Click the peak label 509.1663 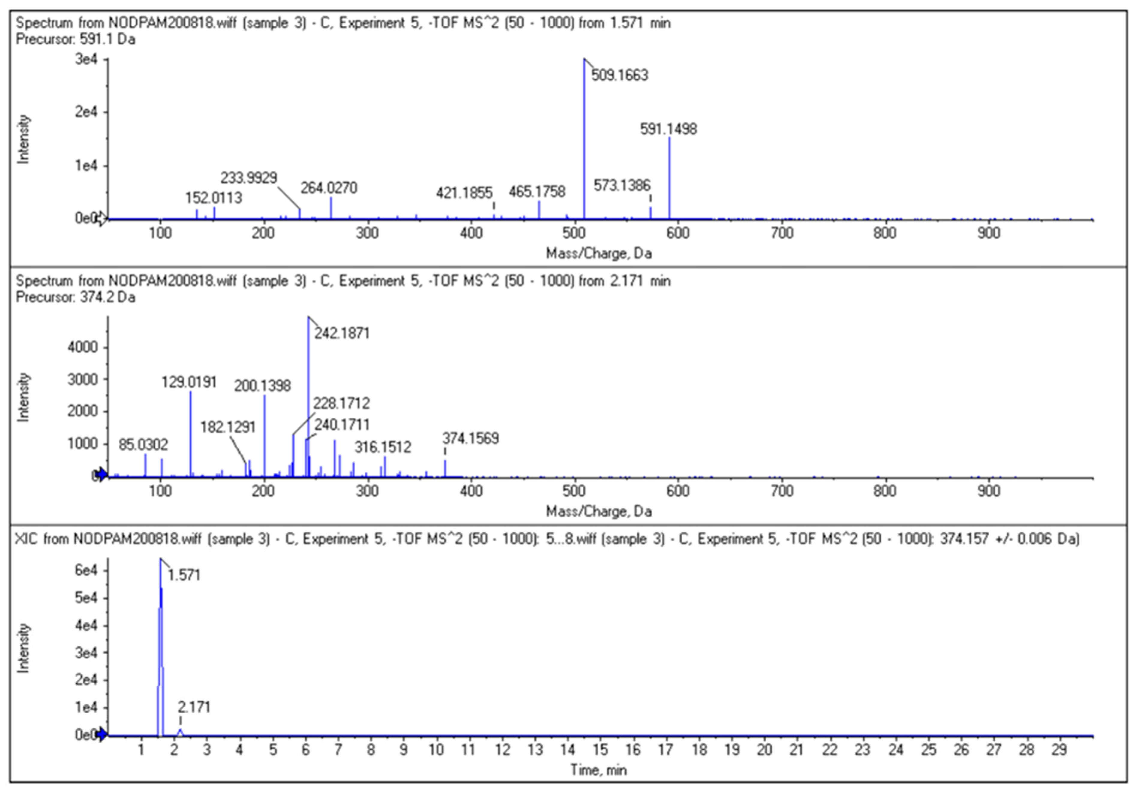click(x=620, y=75)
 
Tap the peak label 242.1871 click(x=342, y=333)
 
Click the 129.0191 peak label click(x=189, y=382)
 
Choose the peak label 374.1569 click(x=471, y=438)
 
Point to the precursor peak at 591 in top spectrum click(x=669, y=178)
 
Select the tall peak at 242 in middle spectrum click(x=308, y=396)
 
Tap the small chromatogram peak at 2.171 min click(x=180, y=731)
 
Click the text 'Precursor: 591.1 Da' click(x=75, y=39)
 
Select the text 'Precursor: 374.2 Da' click(x=75, y=297)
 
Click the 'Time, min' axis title click(x=599, y=770)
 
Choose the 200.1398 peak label click(x=262, y=386)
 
